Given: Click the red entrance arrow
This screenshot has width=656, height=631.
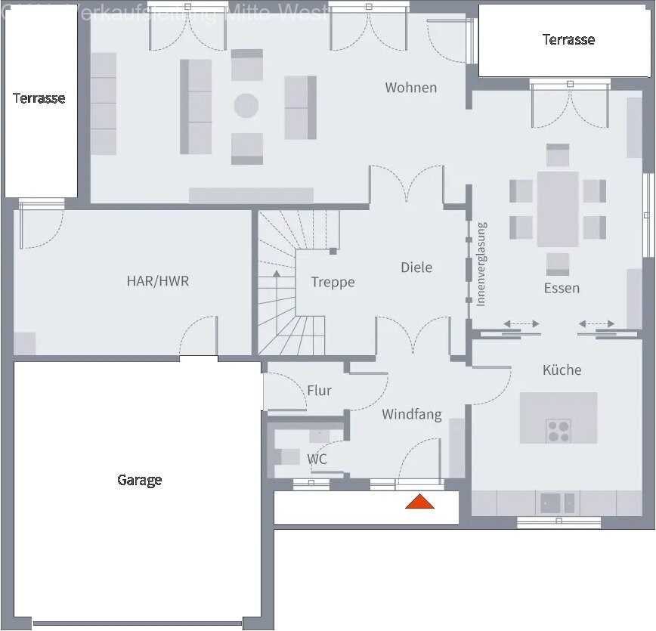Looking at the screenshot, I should [x=419, y=501].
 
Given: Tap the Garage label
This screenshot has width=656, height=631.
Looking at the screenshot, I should [x=139, y=480].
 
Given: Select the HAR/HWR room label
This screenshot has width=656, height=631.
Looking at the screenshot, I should [x=157, y=281].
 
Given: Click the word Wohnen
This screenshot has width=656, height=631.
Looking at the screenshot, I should [x=410, y=88].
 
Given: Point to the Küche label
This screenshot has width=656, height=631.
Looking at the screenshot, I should [x=562, y=370].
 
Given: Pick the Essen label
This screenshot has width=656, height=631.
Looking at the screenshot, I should [x=562, y=288].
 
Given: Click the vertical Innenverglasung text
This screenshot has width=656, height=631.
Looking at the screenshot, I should [x=481, y=264].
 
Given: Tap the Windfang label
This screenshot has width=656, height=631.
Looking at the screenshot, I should [x=411, y=414].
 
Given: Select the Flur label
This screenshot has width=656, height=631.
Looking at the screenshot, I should [x=319, y=391].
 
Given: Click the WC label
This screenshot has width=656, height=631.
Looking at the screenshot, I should [x=317, y=459].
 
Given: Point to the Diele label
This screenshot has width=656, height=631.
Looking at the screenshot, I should [x=416, y=267].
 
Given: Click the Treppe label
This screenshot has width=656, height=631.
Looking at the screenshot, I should [x=333, y=282].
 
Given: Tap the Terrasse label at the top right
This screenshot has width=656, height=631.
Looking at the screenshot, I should [x=568, y=39].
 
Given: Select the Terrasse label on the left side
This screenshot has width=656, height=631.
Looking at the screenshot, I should [x=39, y=98].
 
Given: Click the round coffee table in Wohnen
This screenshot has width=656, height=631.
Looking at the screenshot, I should [x=246, y=105].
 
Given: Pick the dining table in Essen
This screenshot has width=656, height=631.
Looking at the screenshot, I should [x=558, y=209].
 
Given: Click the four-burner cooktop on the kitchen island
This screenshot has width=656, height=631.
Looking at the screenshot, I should [x=559, y=431].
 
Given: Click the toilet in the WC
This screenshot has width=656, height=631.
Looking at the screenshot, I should [x=288, y=456].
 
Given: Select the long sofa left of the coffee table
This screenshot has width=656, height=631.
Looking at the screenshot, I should [x=196, y=107].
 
